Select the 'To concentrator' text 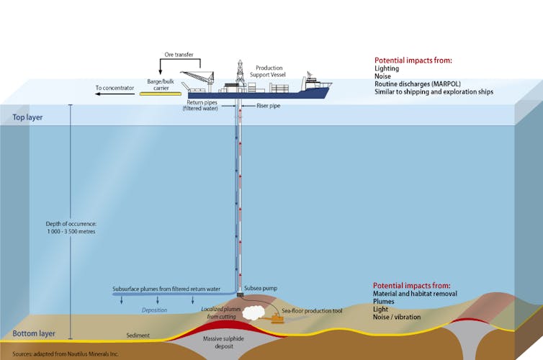click(x=115, y=89)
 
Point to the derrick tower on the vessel click(x=239, y=73)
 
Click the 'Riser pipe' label click(x=270, y=106)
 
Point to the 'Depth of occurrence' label click(x=71, y=228)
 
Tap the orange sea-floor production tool click(x=277, y=316)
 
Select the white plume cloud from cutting click(x=252, y=312)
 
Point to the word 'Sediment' click(x=138, y=336)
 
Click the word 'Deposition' click(x=154, y=310)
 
